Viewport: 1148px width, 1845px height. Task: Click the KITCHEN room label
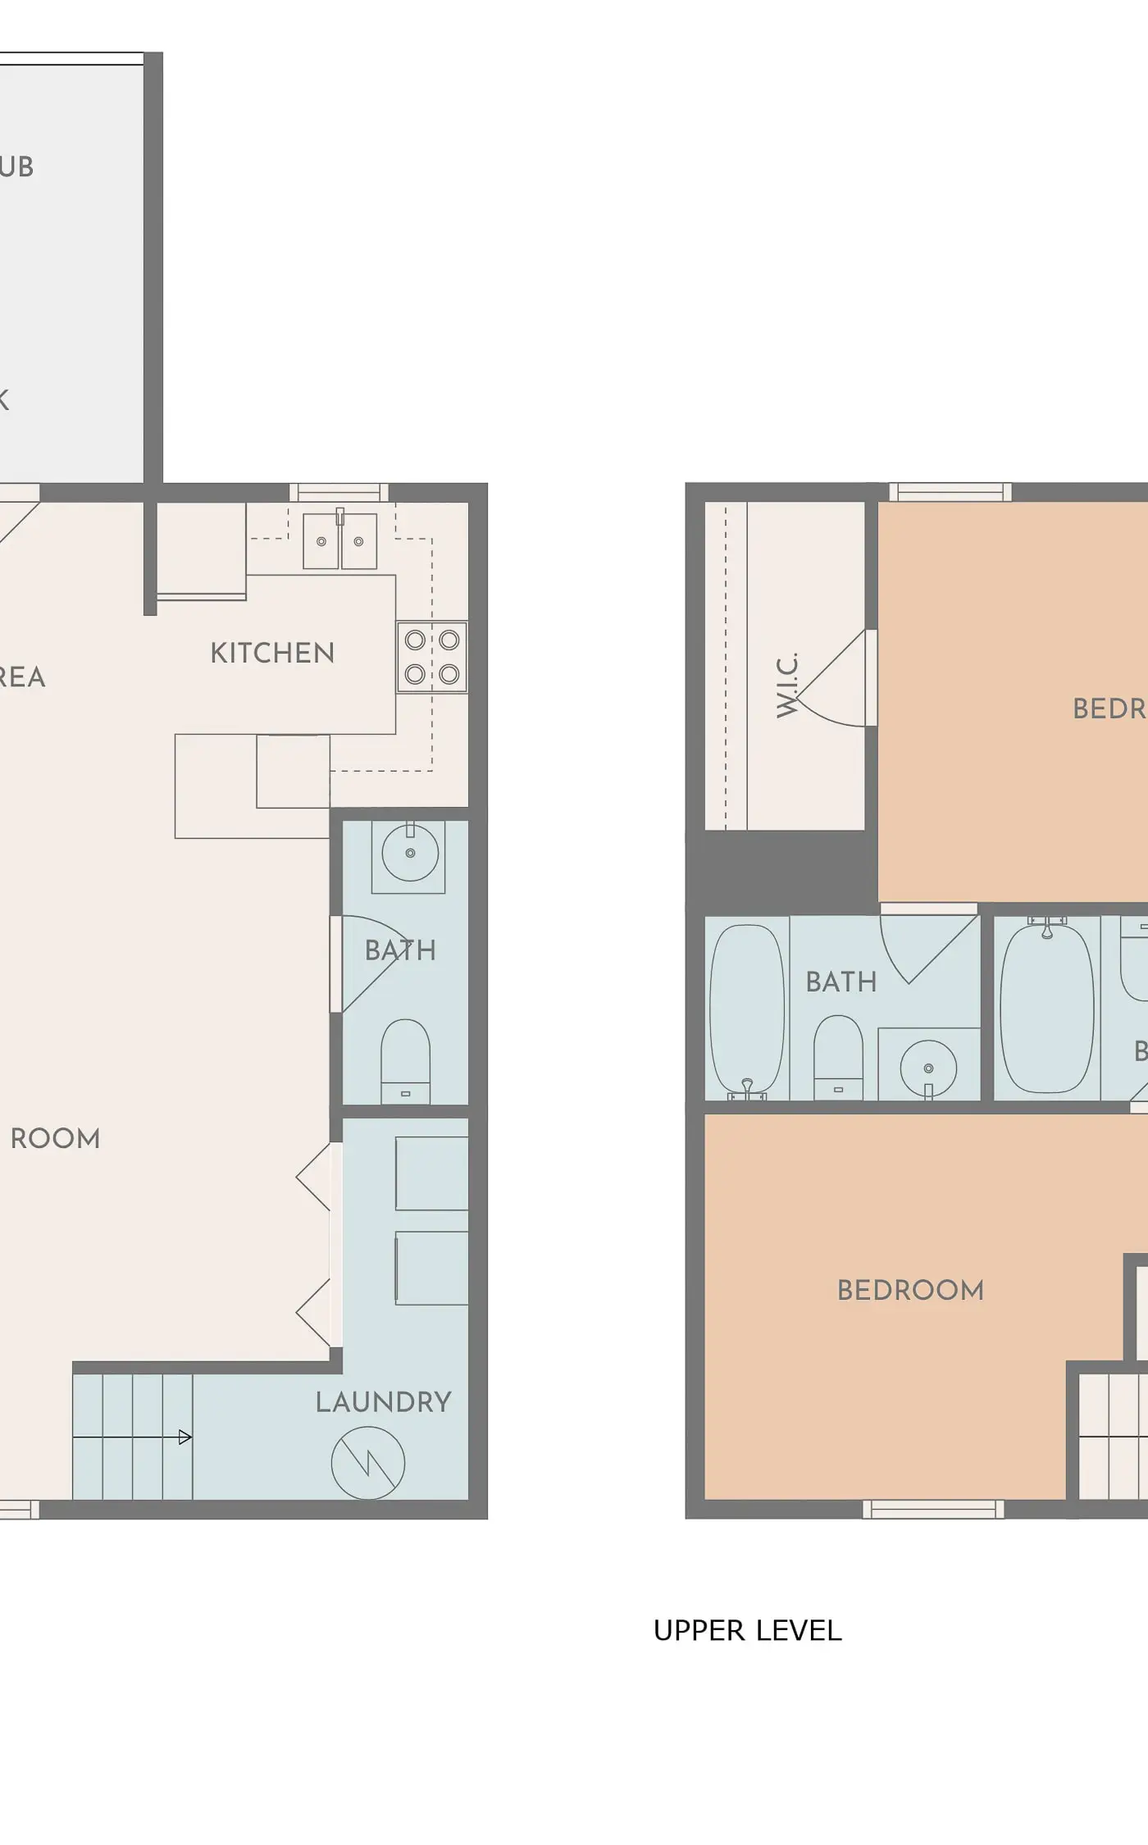coord(272,654)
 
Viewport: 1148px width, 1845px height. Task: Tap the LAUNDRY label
coord(383,1401)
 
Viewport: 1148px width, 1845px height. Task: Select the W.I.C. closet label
coord(787,686)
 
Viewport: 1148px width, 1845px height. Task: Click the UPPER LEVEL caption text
coord(747,1630)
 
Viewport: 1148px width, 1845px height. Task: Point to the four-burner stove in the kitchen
coord(432,657)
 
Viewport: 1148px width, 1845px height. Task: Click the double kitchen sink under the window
coord(339,541)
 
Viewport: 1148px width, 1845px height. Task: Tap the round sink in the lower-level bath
coord(409,853)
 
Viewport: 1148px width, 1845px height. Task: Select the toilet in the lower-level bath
coord(405,1060)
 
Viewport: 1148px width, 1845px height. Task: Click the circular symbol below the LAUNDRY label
coord(368,1463)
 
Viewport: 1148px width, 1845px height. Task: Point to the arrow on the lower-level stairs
coord(184,1437)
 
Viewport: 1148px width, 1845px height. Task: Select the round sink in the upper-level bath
coord(928,1067)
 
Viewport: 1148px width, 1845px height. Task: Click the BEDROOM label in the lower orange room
coord(910,1290)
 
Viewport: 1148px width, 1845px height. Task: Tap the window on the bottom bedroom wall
coord(933,1509)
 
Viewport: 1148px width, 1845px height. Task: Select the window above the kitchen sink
coord(339,492)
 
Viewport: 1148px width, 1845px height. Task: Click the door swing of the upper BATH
coord(927,947)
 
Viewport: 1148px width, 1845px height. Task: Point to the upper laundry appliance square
coord(431,1173)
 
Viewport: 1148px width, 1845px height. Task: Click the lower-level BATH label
coord(400,950)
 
